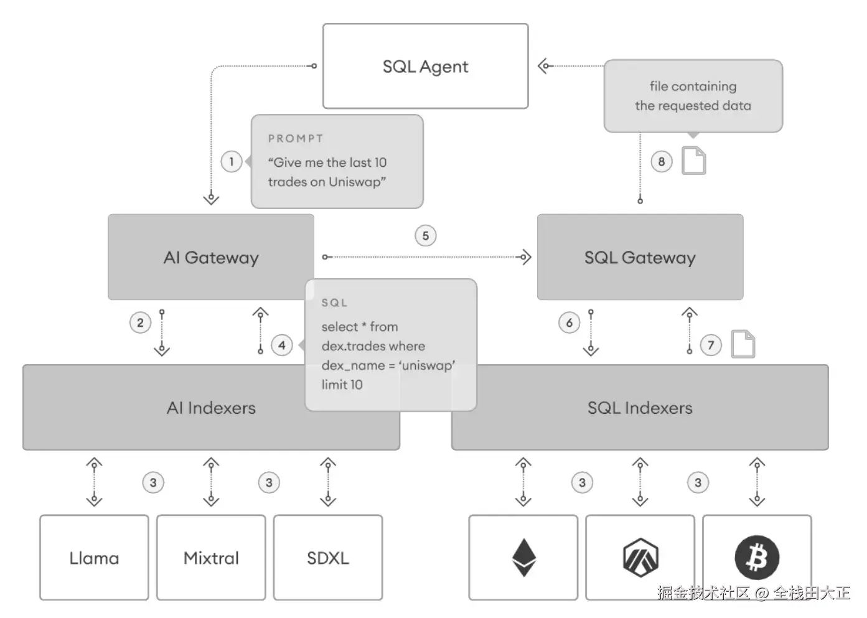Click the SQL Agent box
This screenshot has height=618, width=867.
[x=425, y=67]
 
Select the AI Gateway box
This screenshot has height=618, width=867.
[x=211, y=258]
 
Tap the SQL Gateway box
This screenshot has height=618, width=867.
[x=640, y=258]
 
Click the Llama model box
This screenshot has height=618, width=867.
[x=94, y=558]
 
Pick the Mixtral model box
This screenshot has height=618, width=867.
[x=211, y=558]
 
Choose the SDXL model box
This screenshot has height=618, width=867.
[x=328, y=558]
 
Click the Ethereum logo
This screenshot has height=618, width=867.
[x=523, y=557]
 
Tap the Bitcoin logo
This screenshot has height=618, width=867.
[x=757, y=557]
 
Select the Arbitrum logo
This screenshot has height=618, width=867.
[x=640, y=557]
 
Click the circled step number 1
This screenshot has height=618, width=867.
[x=232, y=162]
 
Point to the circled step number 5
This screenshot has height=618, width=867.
[x=426, y=236]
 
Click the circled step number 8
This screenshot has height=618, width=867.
[x=662, y=162]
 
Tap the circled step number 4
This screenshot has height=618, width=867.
[x=282, y=345]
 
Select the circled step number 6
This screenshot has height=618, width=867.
[x=569, y=322]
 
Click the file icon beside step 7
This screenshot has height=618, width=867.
[x=743, y=344]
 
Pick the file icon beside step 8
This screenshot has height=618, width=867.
[x=694, y=161]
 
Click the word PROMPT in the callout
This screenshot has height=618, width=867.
[x=296, y=139]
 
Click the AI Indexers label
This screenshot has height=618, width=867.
[x=211, y=408]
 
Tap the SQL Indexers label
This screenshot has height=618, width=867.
[x=640, y=408]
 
